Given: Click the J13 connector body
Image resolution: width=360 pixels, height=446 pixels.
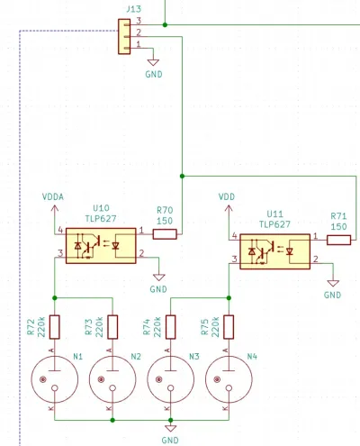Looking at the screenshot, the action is (x=124, y=36).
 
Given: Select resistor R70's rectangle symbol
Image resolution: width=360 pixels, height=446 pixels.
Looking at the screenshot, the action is (x=165, y=234).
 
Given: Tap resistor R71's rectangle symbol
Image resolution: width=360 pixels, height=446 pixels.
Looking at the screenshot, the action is (x=338, y=240).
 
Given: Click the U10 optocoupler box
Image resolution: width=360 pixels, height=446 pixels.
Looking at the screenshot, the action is (x=101, y=246).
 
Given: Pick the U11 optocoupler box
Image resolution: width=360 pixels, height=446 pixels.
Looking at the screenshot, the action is (x=275, y=251).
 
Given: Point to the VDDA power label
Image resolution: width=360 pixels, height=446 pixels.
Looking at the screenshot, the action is (x=53, y=197).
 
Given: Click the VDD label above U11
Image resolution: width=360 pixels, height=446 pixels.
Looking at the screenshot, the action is (x=227, y=197).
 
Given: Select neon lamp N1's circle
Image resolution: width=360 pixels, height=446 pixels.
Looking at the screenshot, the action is (x=55, y=379).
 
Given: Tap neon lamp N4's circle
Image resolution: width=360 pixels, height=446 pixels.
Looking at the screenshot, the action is (x=229, y=379).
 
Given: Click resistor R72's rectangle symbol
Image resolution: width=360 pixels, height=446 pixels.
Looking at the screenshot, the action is (x=55, y=327).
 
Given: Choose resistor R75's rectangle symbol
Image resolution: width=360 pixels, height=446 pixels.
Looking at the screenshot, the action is (x=229, y=327).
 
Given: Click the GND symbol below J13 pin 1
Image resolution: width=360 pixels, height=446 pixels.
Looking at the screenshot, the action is (x=153, y=62).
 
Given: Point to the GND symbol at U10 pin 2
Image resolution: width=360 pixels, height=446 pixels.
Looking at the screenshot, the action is (x=159, y=278).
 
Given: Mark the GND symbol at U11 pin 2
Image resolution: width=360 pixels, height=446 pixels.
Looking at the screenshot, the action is (x=333, y=283).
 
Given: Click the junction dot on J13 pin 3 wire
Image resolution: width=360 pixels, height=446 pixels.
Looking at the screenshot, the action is (x=165, y=24).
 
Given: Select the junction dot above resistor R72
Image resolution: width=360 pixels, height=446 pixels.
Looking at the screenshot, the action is (x=55, y=298).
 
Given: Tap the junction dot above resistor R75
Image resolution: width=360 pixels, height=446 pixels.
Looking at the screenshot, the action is (x=229, y=298).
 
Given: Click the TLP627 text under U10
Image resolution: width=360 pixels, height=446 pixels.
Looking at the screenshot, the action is (x=101, y=219).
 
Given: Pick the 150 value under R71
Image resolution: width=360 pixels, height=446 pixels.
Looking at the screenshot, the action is (x=339, y=226).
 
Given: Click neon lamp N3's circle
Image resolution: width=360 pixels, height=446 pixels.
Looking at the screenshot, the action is (x=171, y=379).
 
